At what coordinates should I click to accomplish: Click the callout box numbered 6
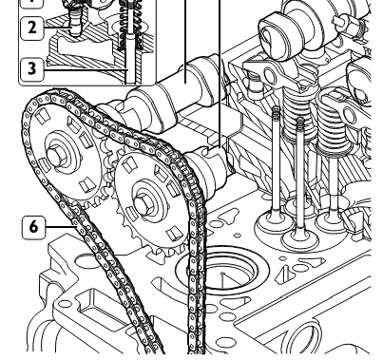click(33, 227)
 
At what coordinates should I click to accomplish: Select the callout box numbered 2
click(31, 28)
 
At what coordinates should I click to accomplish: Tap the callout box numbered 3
click(31, 68)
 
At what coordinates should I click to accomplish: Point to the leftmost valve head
click(275, 221)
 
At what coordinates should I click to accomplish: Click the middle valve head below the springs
click(300, 238)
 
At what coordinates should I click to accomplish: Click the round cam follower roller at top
click(279, 35)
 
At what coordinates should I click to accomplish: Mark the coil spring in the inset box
click(130, 26)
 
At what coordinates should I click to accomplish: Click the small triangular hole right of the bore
click(284, 274)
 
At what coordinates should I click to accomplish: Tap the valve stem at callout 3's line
click(130, 60)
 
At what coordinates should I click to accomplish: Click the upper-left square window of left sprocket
click(43, 116)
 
